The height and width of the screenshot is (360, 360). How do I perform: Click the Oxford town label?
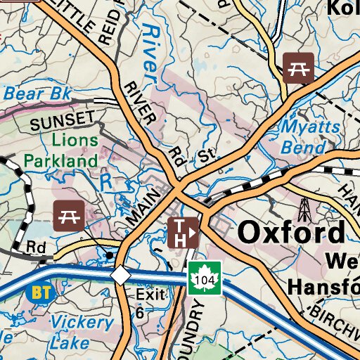tap(292, 233)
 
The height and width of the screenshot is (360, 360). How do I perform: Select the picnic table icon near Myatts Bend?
tap(298, 67)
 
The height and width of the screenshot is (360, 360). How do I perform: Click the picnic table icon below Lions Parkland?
tap(69, 214)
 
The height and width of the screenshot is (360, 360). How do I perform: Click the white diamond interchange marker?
tap(121, 275)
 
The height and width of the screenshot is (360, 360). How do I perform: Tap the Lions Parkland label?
tap(60, 150)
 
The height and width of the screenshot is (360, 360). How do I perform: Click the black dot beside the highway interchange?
tap(109, 254)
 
